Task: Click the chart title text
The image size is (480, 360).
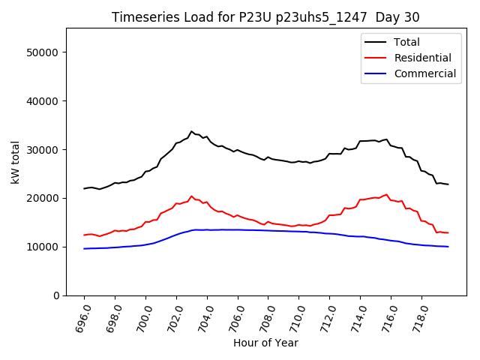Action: pos(265,17)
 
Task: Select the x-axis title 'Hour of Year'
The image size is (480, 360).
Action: pos(265,343)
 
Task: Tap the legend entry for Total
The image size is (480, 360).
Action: pos(406,42)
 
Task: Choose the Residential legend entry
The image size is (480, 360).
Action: pos(422,58)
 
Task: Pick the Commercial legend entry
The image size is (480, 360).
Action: pos(424,73)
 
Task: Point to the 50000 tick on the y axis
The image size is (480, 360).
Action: pos(45,52)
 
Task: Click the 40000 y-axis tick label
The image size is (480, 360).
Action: pos(45,101)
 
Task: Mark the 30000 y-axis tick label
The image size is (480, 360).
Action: pos(45,150)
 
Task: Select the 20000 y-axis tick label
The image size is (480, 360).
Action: pos(45,199)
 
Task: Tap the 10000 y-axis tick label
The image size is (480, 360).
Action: pos(45,247)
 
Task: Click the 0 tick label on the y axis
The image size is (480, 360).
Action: pos(56,295)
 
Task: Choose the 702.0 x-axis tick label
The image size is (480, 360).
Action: pos(172,318)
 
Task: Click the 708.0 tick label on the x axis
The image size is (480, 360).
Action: pos(264,318)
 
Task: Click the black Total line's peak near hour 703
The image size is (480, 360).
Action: pos(191,131)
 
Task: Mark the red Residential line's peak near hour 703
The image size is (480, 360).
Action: pos(191,196)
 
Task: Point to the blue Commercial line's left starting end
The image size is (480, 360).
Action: pos(84,249)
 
